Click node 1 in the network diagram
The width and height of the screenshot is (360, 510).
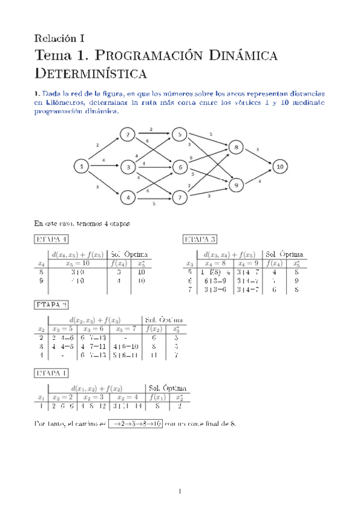(x=81, y=165)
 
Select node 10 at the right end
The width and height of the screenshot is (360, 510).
(x=279, y=165)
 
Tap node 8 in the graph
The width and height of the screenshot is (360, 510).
(x=236, y=146)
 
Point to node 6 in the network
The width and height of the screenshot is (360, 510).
(x=180, y=167)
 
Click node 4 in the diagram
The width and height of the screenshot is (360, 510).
(x=127, y=197)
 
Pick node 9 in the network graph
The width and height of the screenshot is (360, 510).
(x=236, y=186)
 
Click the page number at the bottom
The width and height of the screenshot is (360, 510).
(x=180, y=491)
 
